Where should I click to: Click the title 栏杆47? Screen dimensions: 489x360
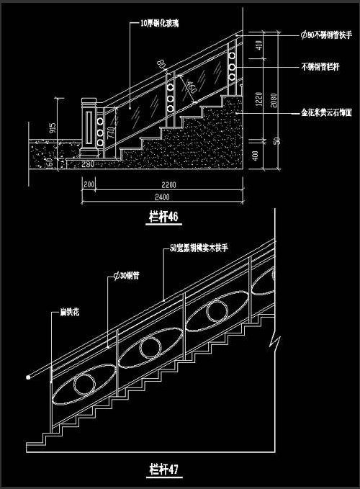(163, 470)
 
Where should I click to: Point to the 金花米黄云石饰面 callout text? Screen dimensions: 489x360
(325, 113)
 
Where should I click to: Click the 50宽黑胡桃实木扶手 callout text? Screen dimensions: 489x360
(198, 247)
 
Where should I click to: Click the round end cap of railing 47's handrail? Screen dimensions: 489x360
(28, 377)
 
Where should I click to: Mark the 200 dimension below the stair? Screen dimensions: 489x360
(89, 184)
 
